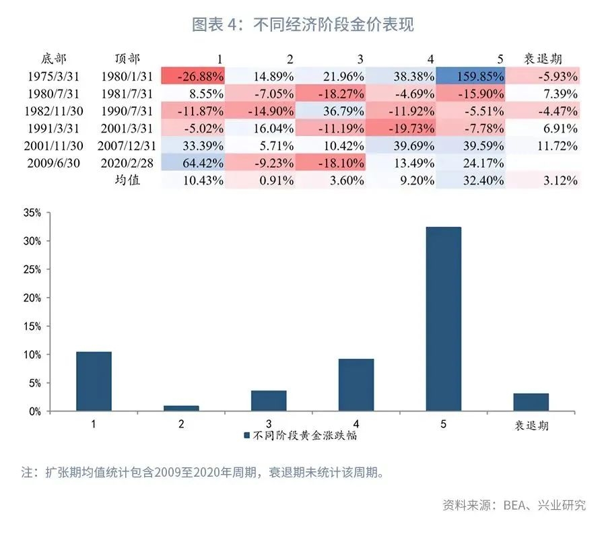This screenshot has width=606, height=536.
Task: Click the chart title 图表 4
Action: pos(302,25)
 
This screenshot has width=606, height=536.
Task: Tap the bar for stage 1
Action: pos(94,381)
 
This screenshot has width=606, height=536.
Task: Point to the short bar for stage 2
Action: pos(181,408)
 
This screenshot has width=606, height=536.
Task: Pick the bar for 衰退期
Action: pos(531,402)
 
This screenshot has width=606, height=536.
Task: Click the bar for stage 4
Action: pos(356,384)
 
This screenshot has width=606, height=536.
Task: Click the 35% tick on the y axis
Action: pos(32,213)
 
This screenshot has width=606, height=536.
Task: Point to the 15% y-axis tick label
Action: pos(32,326)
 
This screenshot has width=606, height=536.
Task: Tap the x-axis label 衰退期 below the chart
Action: pos(531,426)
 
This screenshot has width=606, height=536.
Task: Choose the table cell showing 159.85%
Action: pos(471,76)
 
